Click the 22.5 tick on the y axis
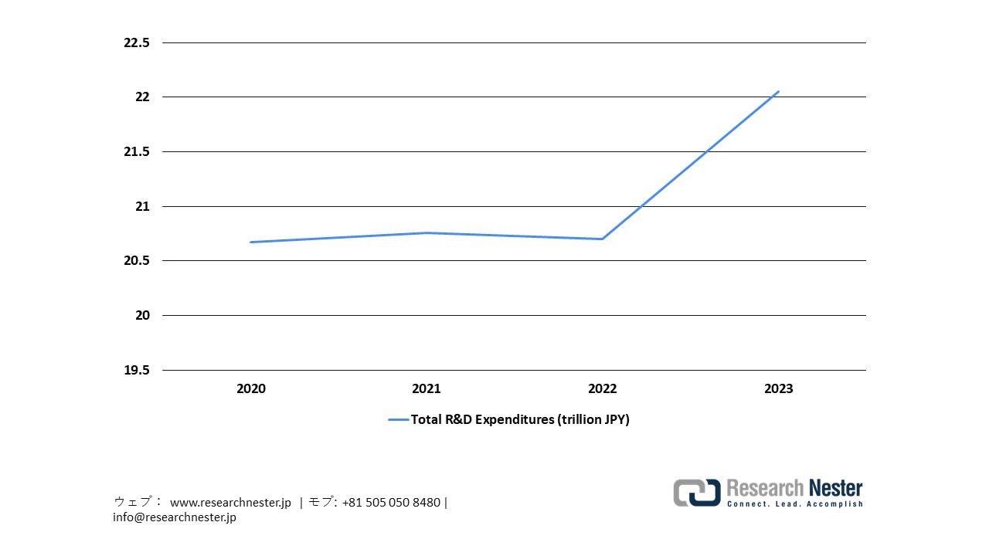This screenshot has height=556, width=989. click(x=136, y=42)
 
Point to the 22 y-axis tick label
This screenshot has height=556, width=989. click(x=141, y=97)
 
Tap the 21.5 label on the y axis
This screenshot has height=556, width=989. click(x=136, y=152)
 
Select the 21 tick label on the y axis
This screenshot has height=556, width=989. click(x=141, y=206)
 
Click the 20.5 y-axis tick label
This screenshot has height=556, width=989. click(x=136, y=261)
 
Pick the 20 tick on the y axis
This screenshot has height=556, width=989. click(x=141, y=316)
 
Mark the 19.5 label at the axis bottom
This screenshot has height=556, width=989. click(x=136, y=370)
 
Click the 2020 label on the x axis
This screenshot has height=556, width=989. click(x=250, y=389)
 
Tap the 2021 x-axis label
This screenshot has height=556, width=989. click(x=427, y=389)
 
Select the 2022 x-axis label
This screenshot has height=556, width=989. click(x=602, y=389)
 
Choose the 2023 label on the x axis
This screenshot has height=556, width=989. click(x=778, y=389)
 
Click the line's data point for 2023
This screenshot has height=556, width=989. click(x=778, y=91)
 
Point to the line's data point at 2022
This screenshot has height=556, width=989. click(x=602, y=239)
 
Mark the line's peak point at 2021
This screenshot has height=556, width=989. click(x=427, y=232)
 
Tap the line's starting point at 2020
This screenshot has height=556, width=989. click(x=250, y=242)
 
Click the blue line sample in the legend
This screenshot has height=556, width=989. click(x=398, y=420)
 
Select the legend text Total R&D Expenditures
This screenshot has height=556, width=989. click(x=519, y=420)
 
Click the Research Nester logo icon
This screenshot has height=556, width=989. click(x=696, y=493)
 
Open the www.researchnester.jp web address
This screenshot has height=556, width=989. click(x=230, y=503)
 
